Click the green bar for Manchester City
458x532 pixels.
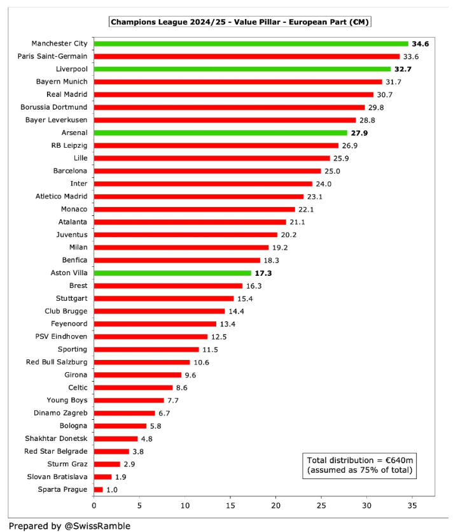(251, 43)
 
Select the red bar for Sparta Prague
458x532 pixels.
(98, 489)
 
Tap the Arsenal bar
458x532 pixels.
(220, 133)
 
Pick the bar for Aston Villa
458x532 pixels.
(172, 273)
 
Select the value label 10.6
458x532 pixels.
(201, 362)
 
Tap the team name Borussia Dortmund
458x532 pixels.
(54, 107)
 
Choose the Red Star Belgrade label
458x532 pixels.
(56, 451)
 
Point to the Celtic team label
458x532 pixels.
(78, 387)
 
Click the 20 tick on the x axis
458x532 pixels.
(276, 506)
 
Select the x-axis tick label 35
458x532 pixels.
(412, 506)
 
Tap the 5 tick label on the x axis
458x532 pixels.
(139, 506)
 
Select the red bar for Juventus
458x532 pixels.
(186, 234)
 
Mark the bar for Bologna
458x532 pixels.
(120, 426)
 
